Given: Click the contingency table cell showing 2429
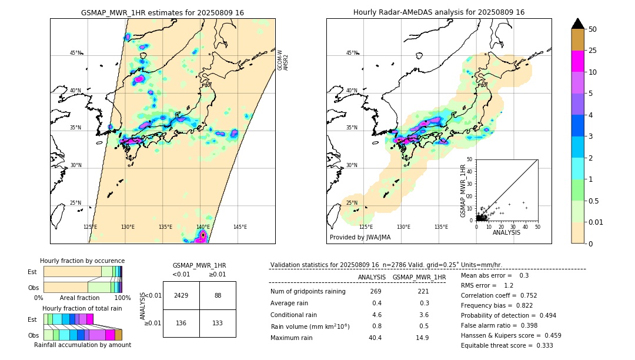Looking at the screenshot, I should [x=181, y=295].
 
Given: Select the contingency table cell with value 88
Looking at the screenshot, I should [x=218, y=295].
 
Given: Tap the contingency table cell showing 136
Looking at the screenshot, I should [x=181, y=323].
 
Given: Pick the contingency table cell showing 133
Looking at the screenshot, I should [x=218, y=323].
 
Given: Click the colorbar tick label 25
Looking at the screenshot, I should [x=593, y=51].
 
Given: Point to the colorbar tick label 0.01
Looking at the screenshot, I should [x=596, y=222].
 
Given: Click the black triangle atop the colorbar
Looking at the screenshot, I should [x=578, y=24].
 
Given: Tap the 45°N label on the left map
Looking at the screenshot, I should [x=75, y=53].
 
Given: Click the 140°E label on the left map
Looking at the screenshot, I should [x=203, y=227].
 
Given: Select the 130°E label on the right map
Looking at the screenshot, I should [x=403, y=227].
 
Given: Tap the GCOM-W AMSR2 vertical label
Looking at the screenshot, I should [x=283, y=60].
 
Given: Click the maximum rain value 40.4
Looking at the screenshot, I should [x=375, y=338].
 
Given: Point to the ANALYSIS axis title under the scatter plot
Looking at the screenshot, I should [x=506, y=233].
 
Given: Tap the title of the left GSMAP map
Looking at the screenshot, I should [x=162, y=12].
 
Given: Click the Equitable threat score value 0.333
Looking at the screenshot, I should [x=543, y=345].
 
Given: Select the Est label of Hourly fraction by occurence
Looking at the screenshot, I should [x=32, y=272].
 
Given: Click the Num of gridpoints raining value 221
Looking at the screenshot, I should [x=423, y=291].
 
